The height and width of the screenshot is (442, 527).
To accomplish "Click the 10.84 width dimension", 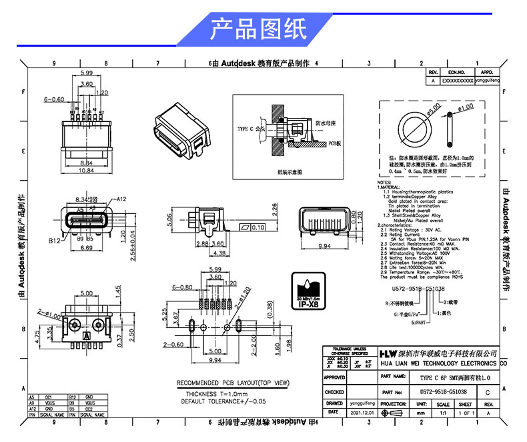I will click(86, 171).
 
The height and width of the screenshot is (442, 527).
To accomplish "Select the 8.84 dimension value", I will click(86, 162).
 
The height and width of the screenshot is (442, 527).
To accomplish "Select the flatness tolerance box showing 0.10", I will click(253, 227).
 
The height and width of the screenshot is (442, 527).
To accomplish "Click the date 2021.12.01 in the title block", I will click(361, 413).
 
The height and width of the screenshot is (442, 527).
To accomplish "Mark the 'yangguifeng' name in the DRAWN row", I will click(361, 404).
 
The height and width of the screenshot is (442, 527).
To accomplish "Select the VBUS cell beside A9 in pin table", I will click(49, 403).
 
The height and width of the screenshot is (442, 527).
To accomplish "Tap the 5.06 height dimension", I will click(170, 221).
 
